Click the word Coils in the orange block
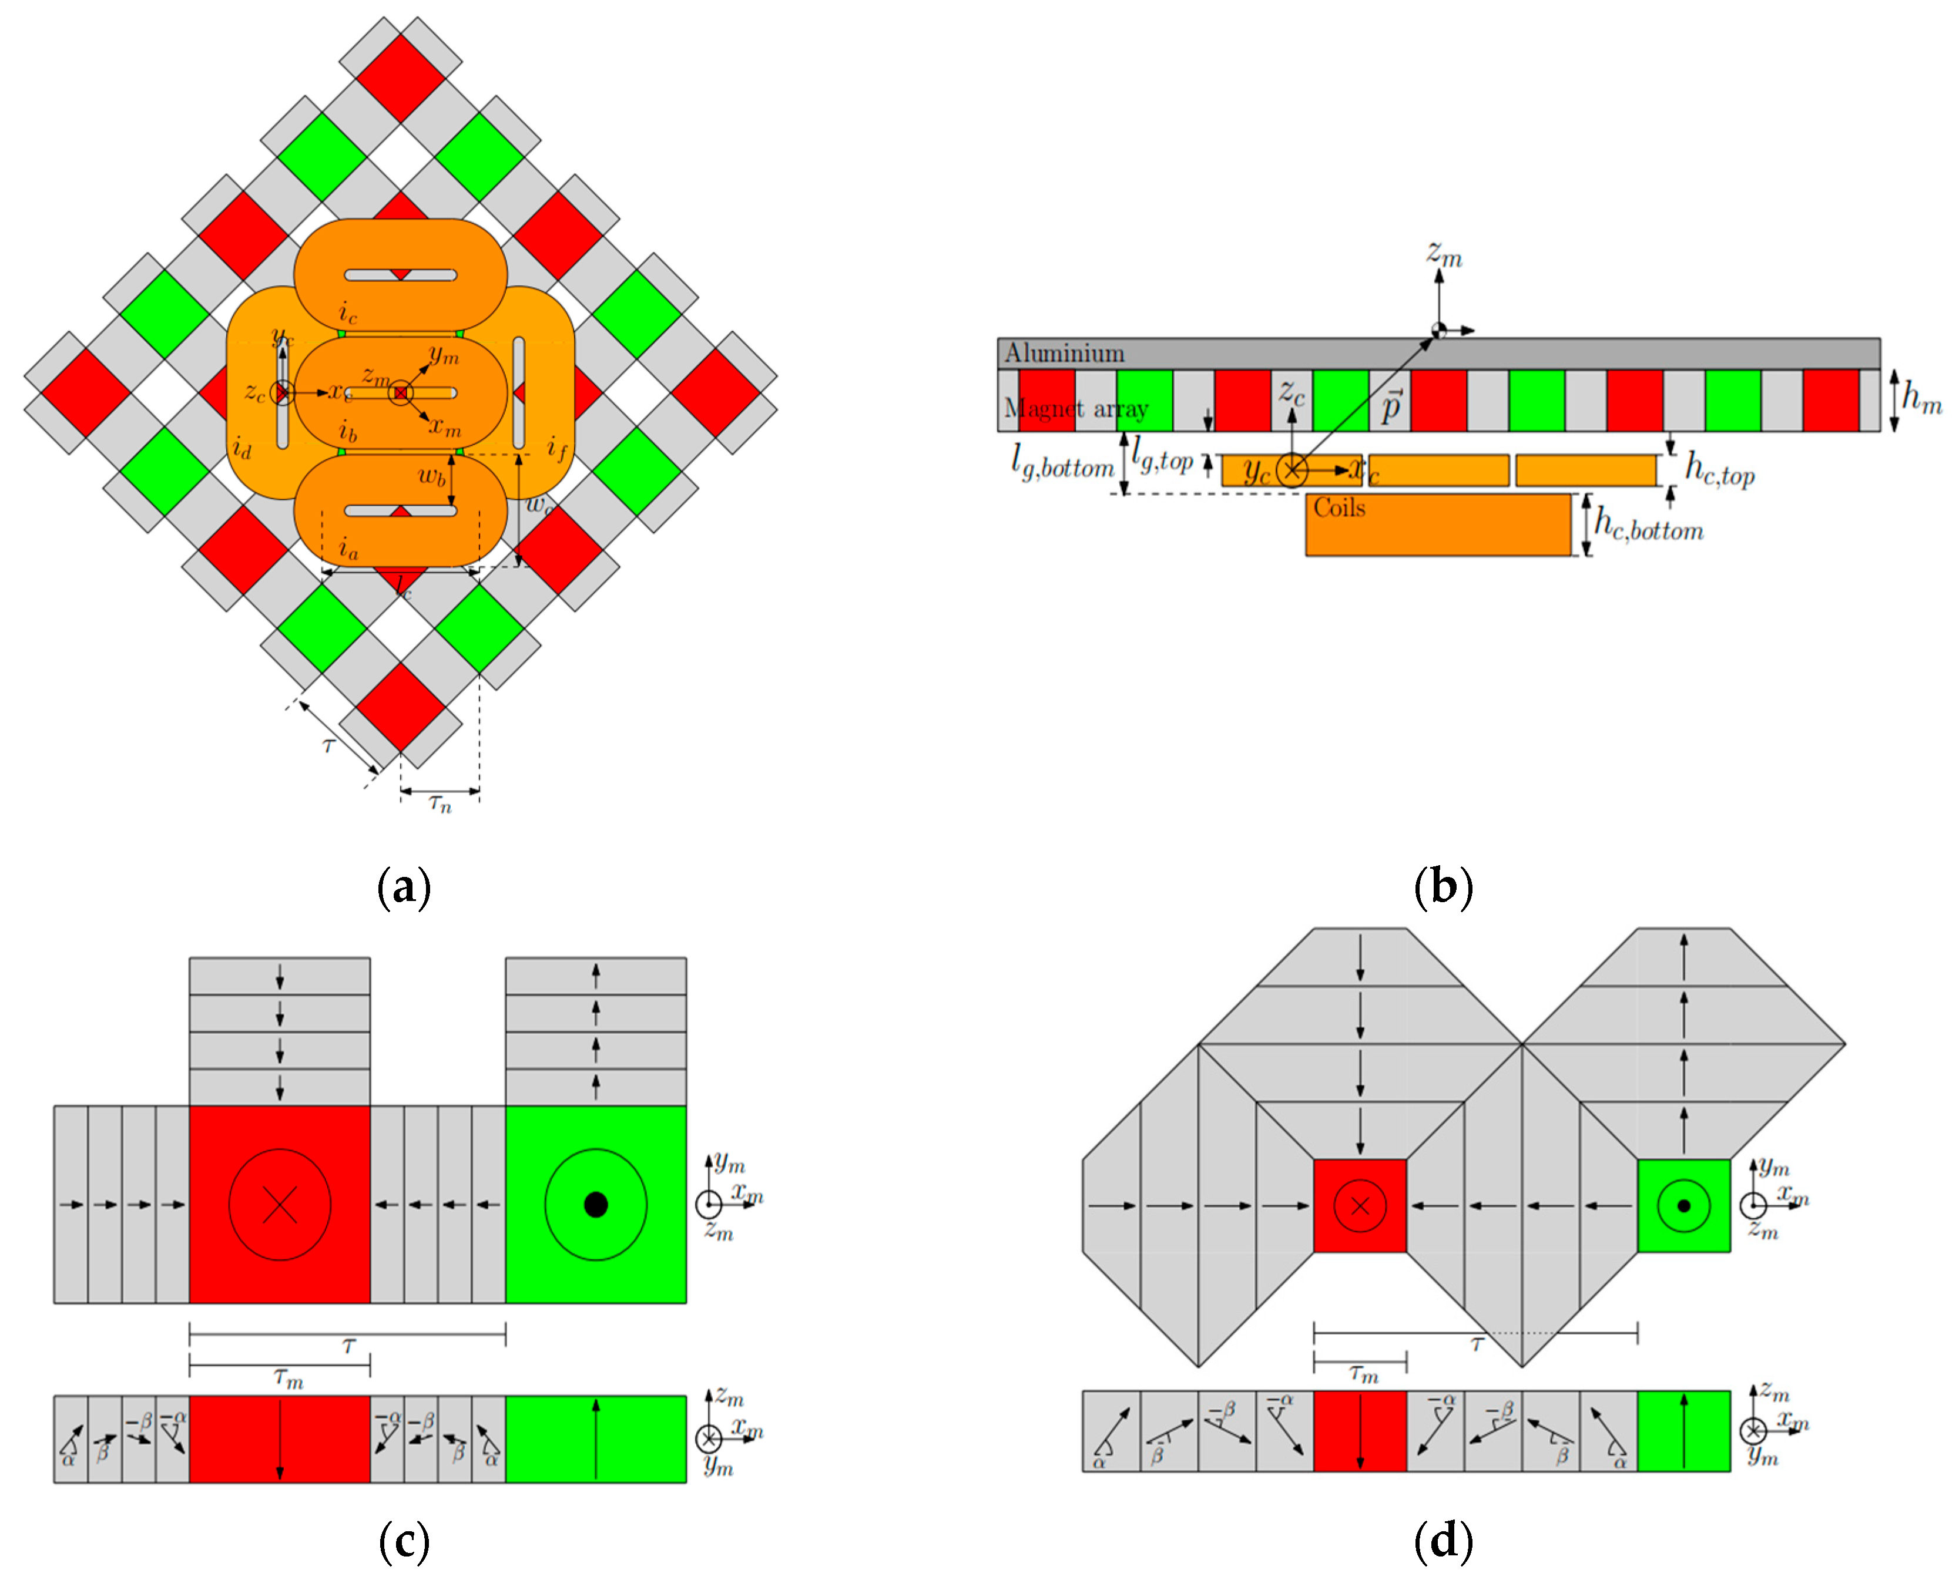tap(1339, 508)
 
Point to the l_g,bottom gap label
tap(1062, 465)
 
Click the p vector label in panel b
tap(1391, 406)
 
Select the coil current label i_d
tap(241, 448)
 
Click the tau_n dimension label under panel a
tap(440, 804)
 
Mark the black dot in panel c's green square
tap(595, 1205)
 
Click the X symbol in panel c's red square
tap(280, 1205)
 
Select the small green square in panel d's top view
tap(1683, 1206)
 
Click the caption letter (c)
tap(403, 1540)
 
